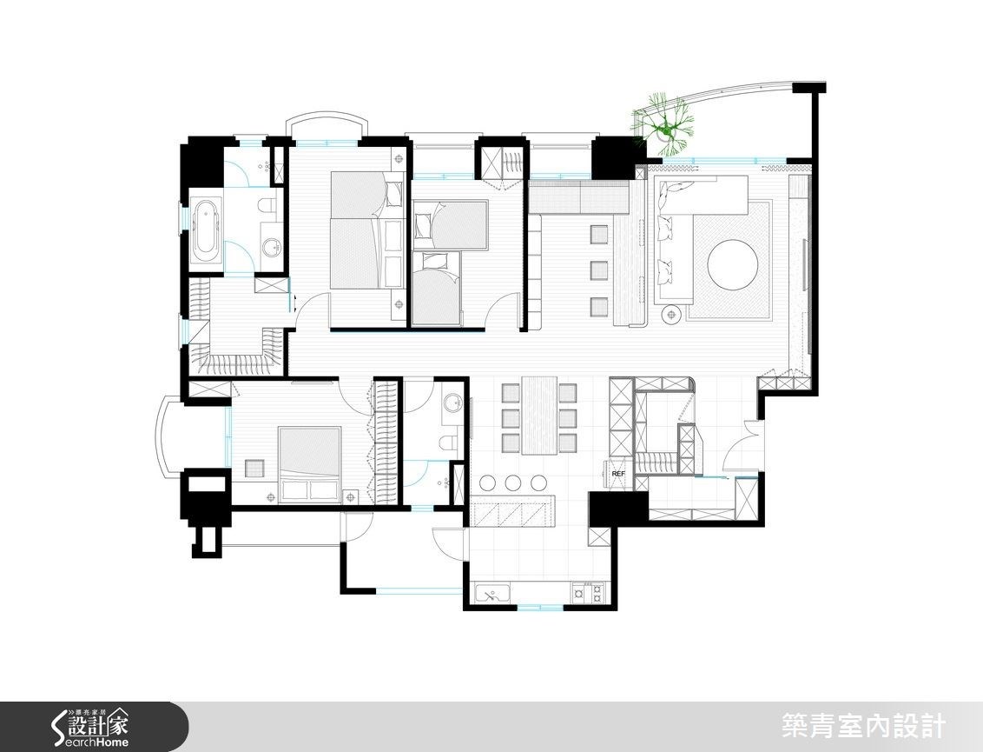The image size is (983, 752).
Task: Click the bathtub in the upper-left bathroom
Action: click(206, 230)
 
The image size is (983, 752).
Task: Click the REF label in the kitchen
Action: click(618, 474)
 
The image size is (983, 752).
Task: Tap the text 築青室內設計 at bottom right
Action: click(862, 727)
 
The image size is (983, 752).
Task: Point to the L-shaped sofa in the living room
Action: click(686, 226)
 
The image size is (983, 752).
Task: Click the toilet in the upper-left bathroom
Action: click(266, 205)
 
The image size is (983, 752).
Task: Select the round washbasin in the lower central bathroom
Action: click(451, 402)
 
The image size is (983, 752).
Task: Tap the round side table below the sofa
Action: click(672, 314)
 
